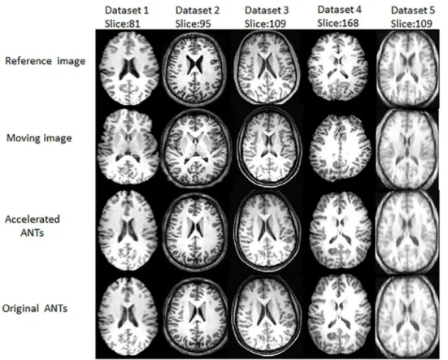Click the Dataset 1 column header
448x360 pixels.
click(127, 11)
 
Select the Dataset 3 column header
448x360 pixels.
click(267, 11)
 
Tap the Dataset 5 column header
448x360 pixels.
click(413, 11)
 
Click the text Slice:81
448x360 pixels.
click(122, 24)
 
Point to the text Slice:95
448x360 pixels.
click(194, 24)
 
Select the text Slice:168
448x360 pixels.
click(338, 23)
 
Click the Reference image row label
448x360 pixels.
click(46, 61)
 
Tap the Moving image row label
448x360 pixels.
click(39, 138)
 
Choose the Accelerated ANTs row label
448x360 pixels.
click(33, 226)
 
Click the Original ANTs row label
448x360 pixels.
click(35, 309)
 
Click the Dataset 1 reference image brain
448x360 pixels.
click(128, 68)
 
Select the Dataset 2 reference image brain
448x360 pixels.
click(195, 68)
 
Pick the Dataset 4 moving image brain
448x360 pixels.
click(340, 148)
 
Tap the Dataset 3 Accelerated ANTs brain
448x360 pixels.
click(267, 231)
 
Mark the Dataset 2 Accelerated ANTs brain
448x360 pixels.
click(195, 232)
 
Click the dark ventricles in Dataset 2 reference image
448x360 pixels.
click(195, 65)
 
